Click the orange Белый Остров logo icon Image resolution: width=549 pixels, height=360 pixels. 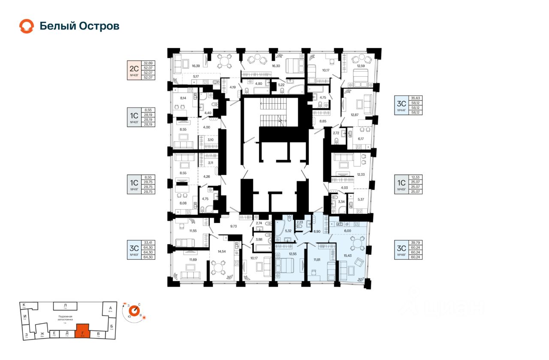point(26,26)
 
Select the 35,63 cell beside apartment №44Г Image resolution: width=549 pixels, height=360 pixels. point(415,98)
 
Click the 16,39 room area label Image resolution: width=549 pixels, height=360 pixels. point(196,66)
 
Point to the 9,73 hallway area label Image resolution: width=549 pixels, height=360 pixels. point(234,225)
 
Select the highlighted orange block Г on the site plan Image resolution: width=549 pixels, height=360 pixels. point(82,331)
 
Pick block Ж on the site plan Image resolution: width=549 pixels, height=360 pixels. point(42,334)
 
